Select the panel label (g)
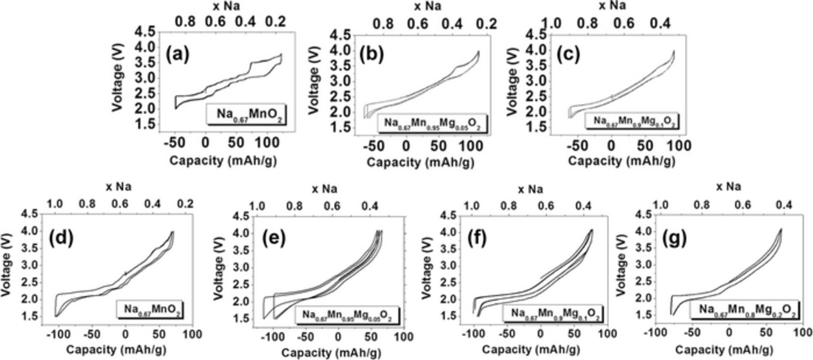point(674,238)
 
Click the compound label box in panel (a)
point(247,114)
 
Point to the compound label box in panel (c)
point(632,121)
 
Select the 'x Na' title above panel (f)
point(529,189)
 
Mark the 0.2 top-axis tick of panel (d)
point(185,204)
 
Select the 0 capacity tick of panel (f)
point(541,334)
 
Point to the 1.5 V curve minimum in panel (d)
point(56,316)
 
